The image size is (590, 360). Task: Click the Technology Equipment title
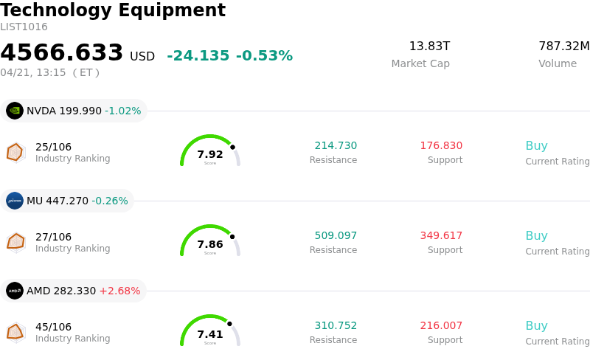(x=113, y=11)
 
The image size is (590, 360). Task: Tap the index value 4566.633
(x=62, y=53)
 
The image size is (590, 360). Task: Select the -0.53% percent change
(x=264, y=56)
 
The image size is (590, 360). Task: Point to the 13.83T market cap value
(x=429, y=46)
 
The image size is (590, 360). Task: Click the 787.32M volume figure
(x=564, y=46)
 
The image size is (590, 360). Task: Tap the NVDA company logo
(x=15, y=111)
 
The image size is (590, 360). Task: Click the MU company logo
(x=15, y=201)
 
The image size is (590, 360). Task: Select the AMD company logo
(x=15, y=291)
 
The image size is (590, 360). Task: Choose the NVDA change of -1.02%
(x=122, y=111)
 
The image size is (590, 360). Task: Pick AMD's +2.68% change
(x=119, y=291)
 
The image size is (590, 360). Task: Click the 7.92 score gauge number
(x=210, y=155)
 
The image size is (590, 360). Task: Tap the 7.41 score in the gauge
(x=210, y=335)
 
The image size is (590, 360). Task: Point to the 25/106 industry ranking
(x=53, y=147)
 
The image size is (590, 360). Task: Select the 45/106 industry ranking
(x=53, y=327)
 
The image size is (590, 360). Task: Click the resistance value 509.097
(x=336, y=236)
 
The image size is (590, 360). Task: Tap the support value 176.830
(x=441, y=146)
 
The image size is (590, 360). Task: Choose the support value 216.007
(x=441, y=326)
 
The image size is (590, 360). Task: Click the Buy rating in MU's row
(x=536, y=236)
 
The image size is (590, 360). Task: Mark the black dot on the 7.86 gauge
(x=232, y=237)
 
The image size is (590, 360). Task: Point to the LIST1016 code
(x=24, y=27)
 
